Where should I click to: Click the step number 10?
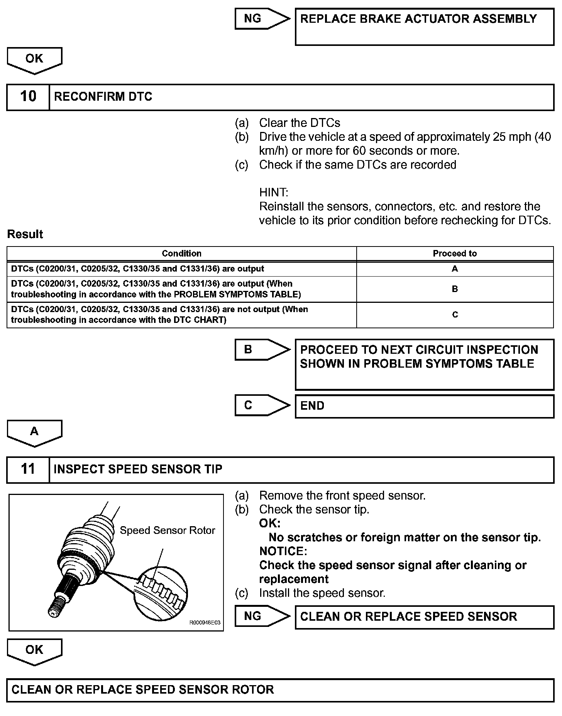point(28,96)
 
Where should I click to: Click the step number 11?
point(28,469)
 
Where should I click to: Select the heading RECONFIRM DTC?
point(103,96)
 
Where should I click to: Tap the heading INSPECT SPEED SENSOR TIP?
point(138,469)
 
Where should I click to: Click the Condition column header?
point(181,253)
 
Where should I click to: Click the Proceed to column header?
point(455,253)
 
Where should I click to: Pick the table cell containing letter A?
point(455,269)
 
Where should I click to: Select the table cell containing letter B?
point(455,289)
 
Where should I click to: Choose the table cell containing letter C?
point(455,315)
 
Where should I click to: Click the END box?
point(424,406)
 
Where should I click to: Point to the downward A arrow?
point(34,432)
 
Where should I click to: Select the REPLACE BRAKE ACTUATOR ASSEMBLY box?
point(424,27)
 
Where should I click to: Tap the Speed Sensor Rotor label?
point(167,530)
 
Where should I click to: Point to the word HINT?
point(273,192)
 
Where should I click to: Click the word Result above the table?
point(25,234)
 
